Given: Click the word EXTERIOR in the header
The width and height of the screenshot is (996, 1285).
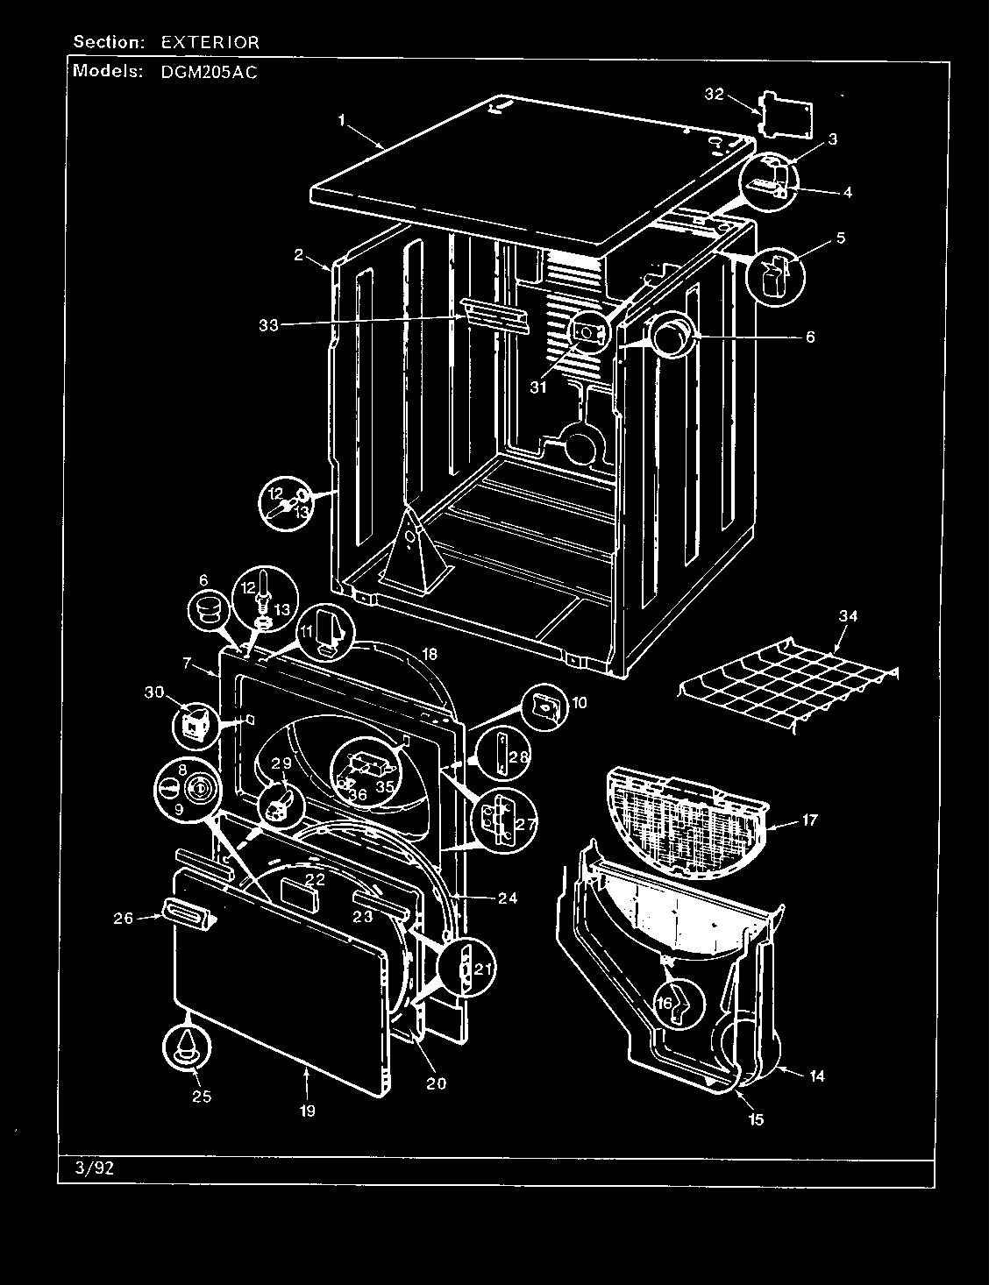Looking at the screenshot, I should point(210,41).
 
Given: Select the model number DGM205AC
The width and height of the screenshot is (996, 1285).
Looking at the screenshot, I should point(210,74).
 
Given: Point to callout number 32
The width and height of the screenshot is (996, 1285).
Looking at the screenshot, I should point(714,94).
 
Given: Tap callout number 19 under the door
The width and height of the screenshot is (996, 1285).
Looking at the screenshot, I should point(307,1111).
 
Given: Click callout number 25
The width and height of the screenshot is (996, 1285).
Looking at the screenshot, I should point(202,1096).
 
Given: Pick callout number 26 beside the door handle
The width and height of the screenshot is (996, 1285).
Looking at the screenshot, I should point(123,919).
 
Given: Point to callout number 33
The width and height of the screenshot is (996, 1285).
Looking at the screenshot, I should point(268,324).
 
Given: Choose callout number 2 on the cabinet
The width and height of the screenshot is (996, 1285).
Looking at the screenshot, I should point(299,255).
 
